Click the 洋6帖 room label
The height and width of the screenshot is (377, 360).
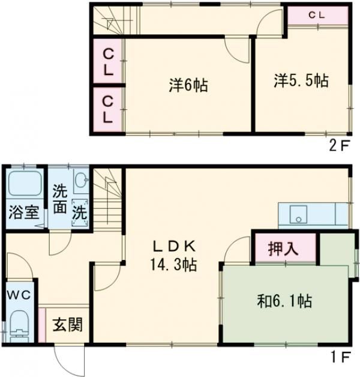click(x=188, y=86)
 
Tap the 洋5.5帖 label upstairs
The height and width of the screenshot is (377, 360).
click(x=302, y=81)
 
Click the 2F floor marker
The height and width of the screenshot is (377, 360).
click(x=339, y=145)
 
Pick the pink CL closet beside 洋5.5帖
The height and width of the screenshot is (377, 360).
click(x=317, y=16)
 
